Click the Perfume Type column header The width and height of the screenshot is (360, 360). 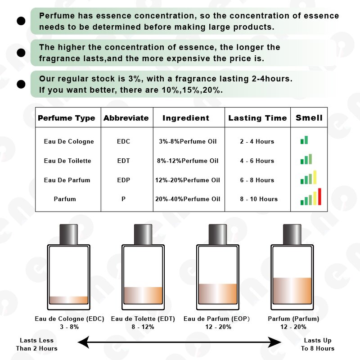(x=67, y=118)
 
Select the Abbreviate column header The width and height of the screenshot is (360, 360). (x=126, y=118)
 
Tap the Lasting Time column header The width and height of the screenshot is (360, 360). (x=257, y=118)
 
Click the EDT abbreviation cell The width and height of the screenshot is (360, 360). (x=123, y=161)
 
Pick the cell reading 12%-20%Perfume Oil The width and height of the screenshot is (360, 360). (x=189, y=180)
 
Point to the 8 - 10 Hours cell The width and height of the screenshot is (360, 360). (x=258, y=199)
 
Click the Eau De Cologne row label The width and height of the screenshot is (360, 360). (x=69, y=141)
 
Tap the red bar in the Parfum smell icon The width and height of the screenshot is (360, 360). (x=319, y=196)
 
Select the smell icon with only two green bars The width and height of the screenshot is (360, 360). (x=304, y=140)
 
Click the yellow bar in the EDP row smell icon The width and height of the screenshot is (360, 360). (x=315, y=177)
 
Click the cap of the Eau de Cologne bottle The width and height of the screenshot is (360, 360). (x=69, y=234)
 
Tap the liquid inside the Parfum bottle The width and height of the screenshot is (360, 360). (x=292, y=291)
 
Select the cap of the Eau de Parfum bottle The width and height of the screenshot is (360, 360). (x=217, y=234)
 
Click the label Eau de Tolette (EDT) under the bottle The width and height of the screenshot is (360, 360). (x=143, y=319)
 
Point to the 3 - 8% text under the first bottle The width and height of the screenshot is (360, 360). (x=69, y=327)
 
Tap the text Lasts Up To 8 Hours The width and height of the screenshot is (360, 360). (x=318, y=344)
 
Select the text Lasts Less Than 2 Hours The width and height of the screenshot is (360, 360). (x=36, y=344)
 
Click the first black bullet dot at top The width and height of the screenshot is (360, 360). (x=21, y=21)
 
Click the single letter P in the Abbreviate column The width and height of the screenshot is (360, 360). (x=123, y=199)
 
